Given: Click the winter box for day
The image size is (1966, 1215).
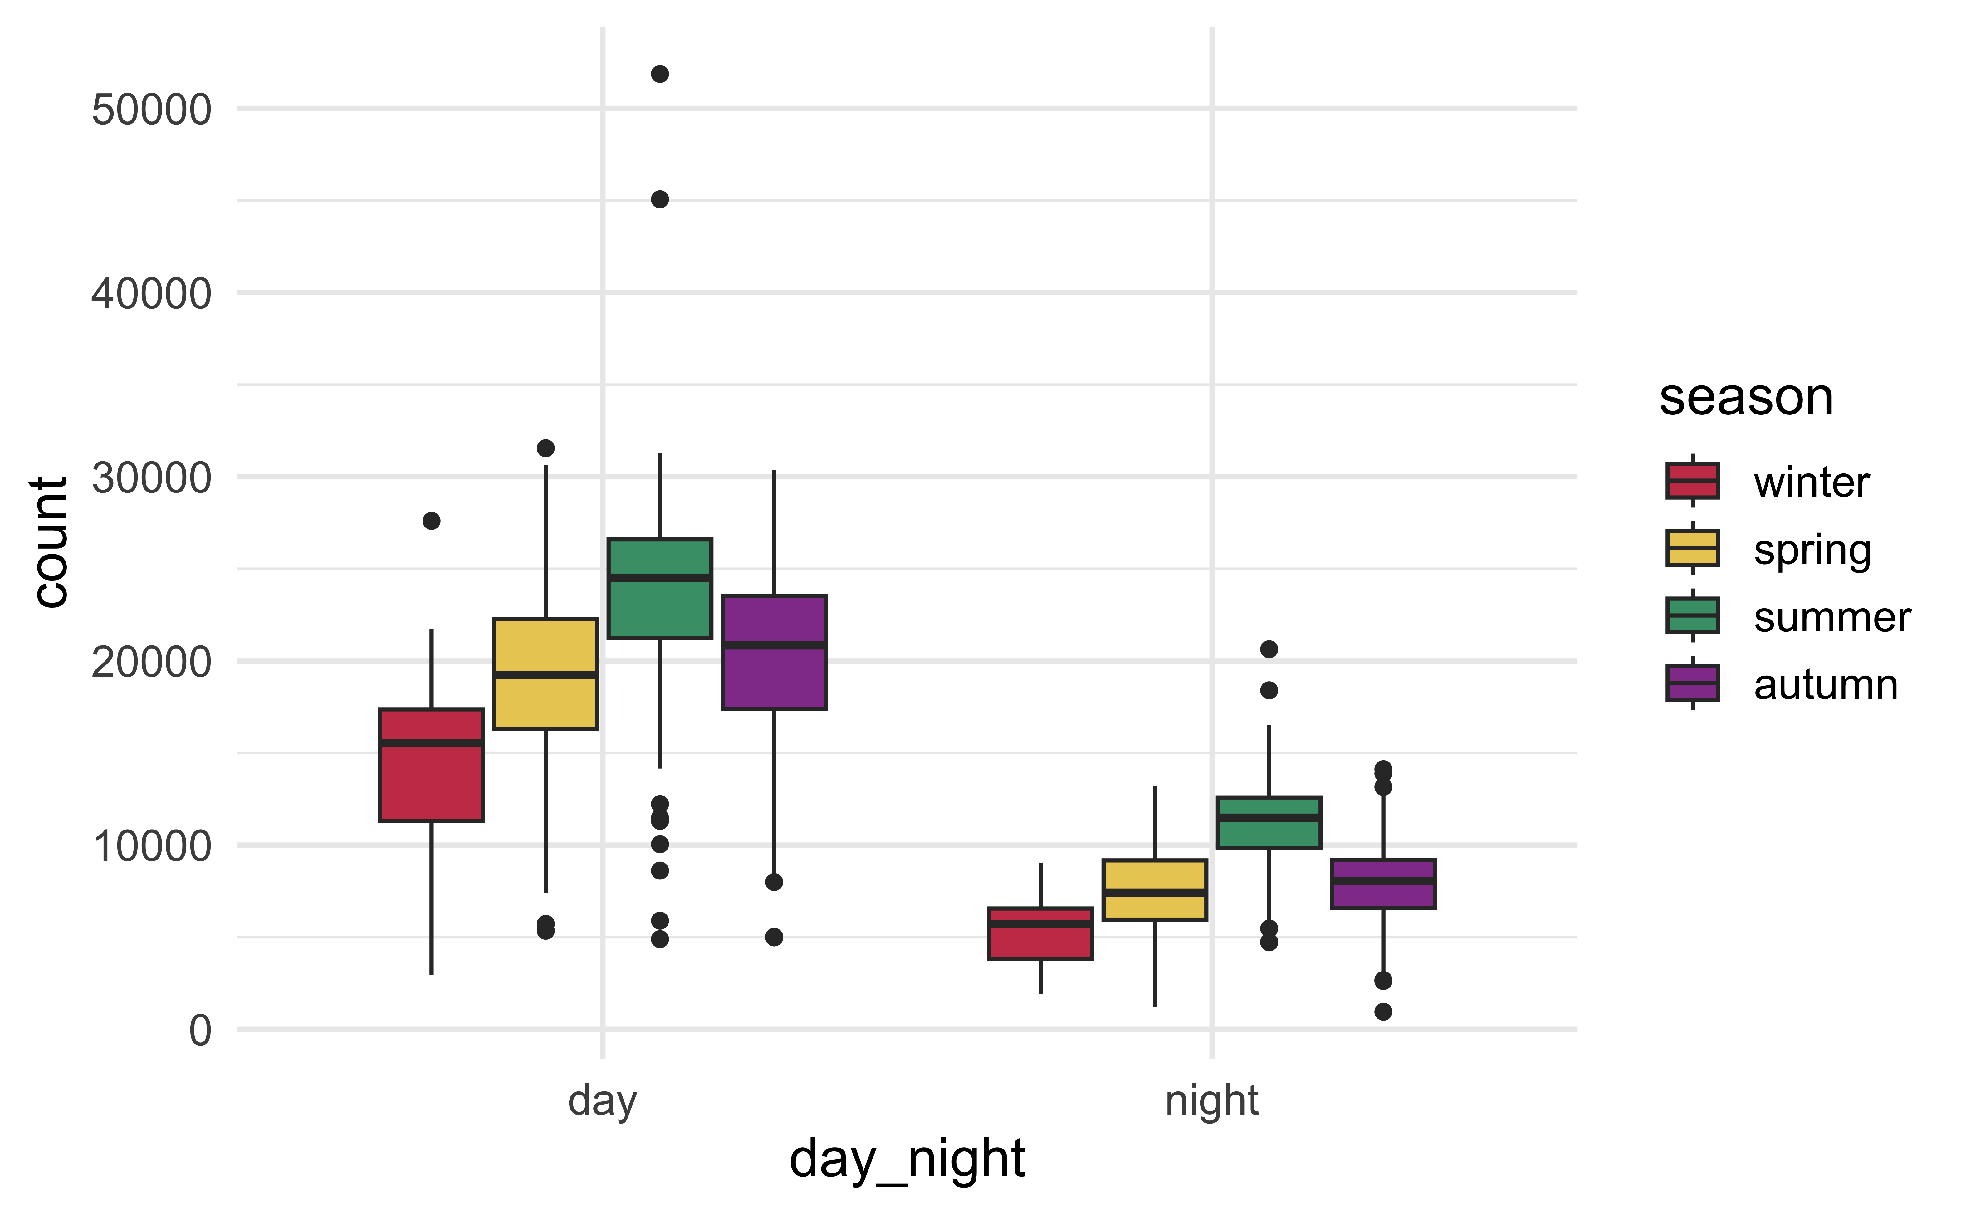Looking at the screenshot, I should click(432, 765).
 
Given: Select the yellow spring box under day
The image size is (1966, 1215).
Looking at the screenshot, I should click(545, 674).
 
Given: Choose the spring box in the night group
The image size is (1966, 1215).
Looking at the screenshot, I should click(1155, 889).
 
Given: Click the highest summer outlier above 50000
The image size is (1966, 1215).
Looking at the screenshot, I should click(660, 74).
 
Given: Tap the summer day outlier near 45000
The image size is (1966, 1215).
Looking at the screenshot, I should click(660, 199).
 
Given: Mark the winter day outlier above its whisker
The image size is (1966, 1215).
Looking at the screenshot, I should click(432, 521).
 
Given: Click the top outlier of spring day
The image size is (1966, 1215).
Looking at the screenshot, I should click(545, 448).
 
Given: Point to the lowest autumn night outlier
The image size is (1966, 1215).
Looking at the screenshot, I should click(1383, 1012).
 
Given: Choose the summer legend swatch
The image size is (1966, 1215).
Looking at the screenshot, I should click(1693, 615).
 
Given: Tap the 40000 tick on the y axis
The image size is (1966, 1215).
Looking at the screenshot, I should click(151, 293).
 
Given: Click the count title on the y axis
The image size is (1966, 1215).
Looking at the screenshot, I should click(50, 542).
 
